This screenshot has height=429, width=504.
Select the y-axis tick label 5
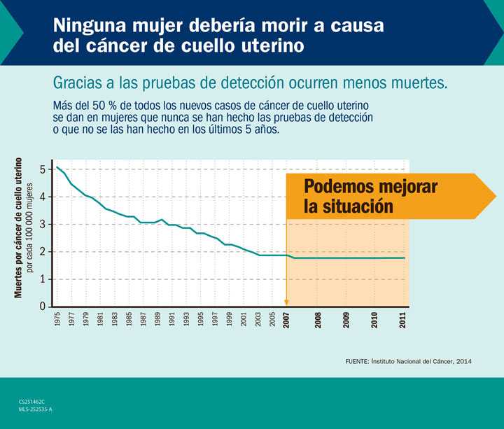tap(43, 169)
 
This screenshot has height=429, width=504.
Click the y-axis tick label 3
tap(43, 224)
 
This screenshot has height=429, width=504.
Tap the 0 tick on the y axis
tap(43, 307)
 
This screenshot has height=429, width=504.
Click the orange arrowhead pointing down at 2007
tap(286, 303)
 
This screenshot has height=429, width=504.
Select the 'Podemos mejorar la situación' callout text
tap(370, 197)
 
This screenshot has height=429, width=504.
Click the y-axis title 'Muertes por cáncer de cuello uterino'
tap(19, 227)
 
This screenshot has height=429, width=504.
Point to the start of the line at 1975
tap(57, 167)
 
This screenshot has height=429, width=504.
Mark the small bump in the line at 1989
tap(161, 220)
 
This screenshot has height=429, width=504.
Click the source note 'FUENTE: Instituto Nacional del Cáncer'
tap(409, 361)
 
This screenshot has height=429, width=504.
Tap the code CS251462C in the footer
tap(32, 401)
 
